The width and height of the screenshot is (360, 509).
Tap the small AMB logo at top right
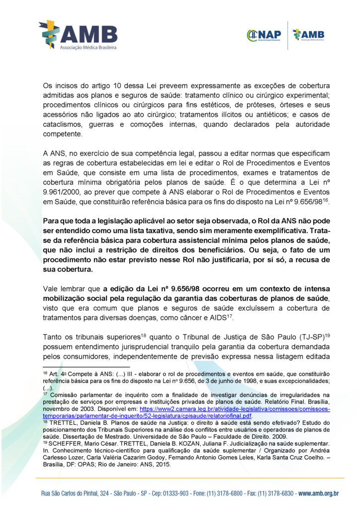308,35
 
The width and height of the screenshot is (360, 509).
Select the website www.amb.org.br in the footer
318,494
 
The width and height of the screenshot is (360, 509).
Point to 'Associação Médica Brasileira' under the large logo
88,47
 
